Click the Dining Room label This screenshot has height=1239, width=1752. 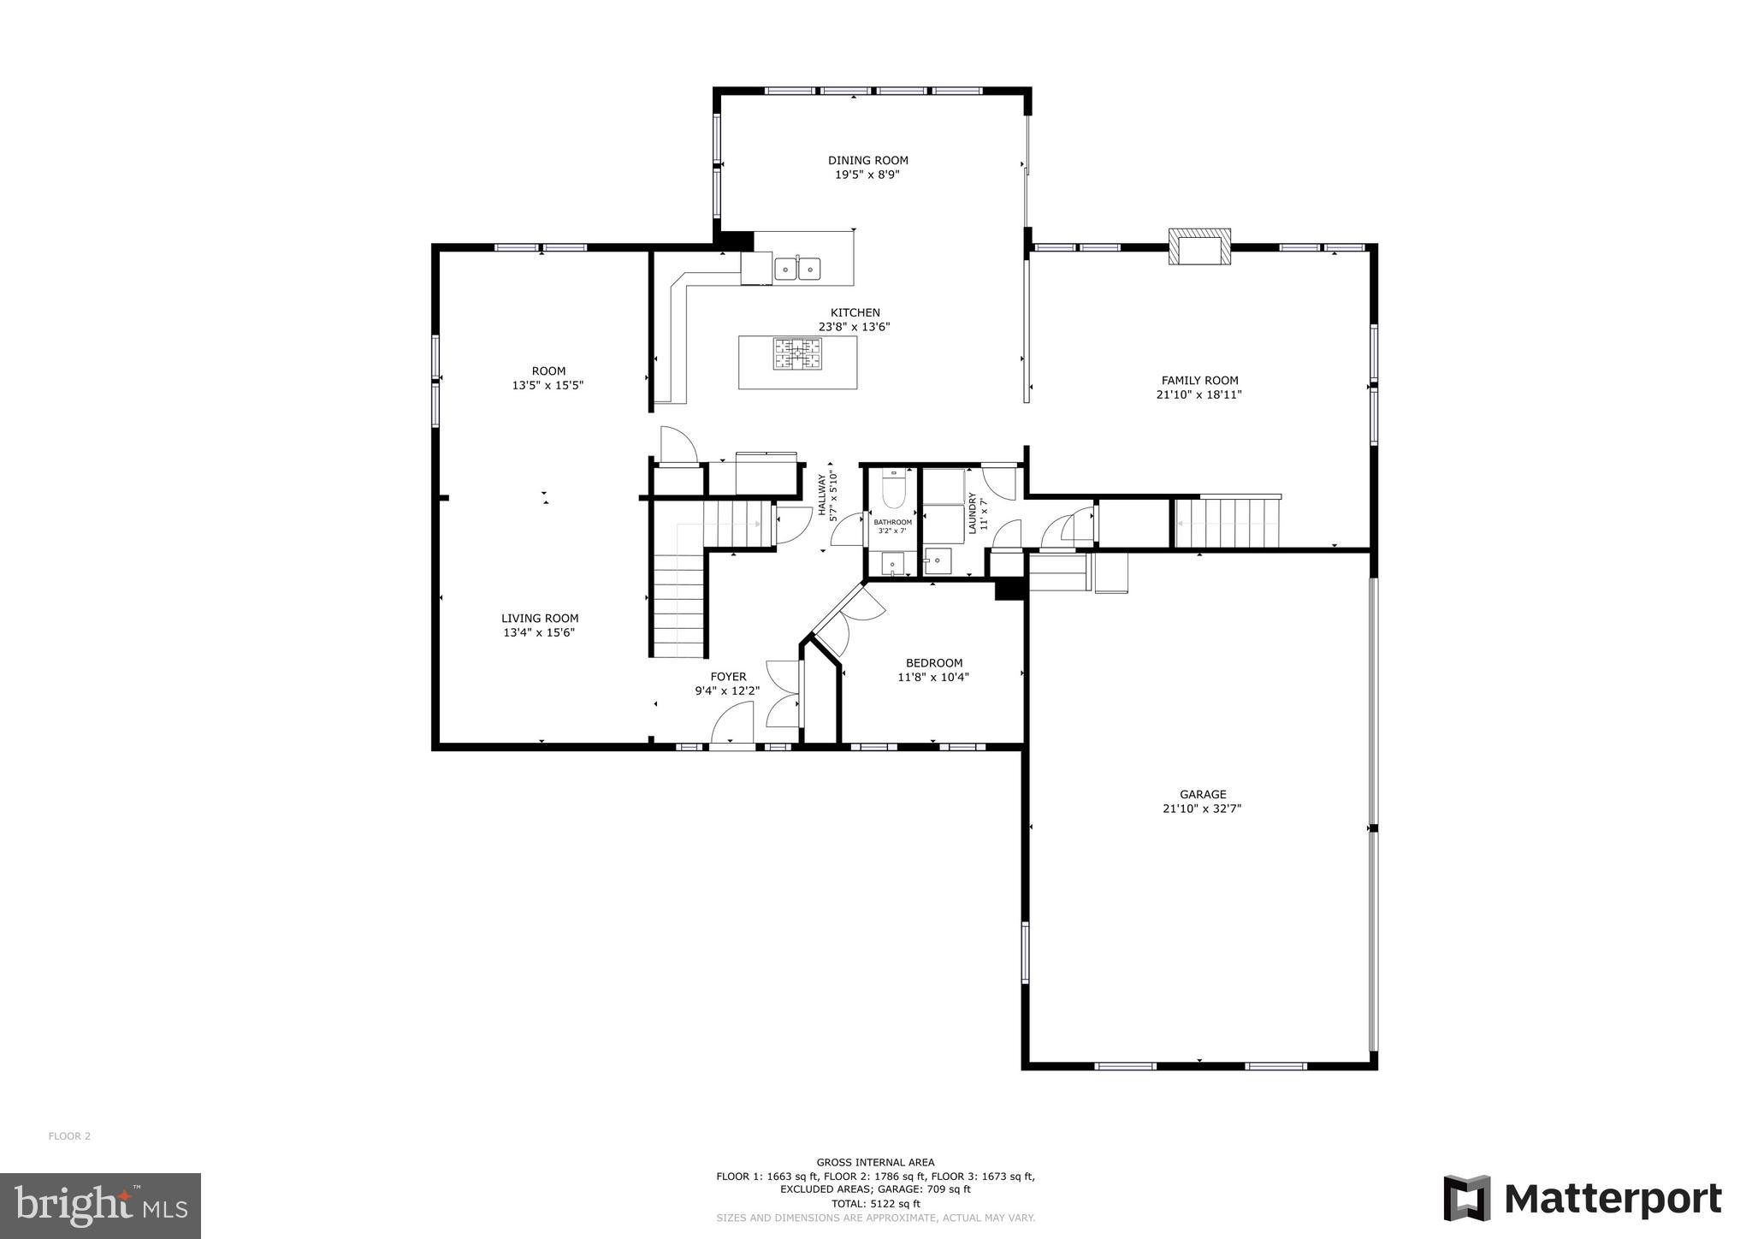click(867, 160)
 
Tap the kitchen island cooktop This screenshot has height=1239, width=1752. click(797, 354)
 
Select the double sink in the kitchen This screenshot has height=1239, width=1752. click(797, 270)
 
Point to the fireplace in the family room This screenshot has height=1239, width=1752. click(1199, 247)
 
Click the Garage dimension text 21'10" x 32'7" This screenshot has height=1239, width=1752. click(1201, 808)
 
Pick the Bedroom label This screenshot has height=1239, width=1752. click(934, 663)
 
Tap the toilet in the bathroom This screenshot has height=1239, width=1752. click(892, 490)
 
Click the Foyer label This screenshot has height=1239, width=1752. click(728, 677)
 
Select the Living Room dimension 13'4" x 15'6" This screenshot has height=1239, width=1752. click(539, 632)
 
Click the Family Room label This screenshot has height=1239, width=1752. click(1199, 380)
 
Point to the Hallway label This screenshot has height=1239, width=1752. click(822, 495)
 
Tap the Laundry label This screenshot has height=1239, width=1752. click(973, 513)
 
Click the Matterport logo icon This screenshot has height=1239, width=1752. click(1467, 1198)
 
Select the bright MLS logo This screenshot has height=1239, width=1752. click(100, 1206)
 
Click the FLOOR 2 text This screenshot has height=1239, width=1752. click(69, 1136)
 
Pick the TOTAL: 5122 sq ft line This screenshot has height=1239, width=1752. click(875, 1203)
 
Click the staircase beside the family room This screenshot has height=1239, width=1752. click(1227, 523)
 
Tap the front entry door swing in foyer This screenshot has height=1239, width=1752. click(732, 723)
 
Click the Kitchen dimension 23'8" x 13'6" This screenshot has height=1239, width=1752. click(854, 326)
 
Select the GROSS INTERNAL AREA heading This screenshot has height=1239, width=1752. click(875, 1162)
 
